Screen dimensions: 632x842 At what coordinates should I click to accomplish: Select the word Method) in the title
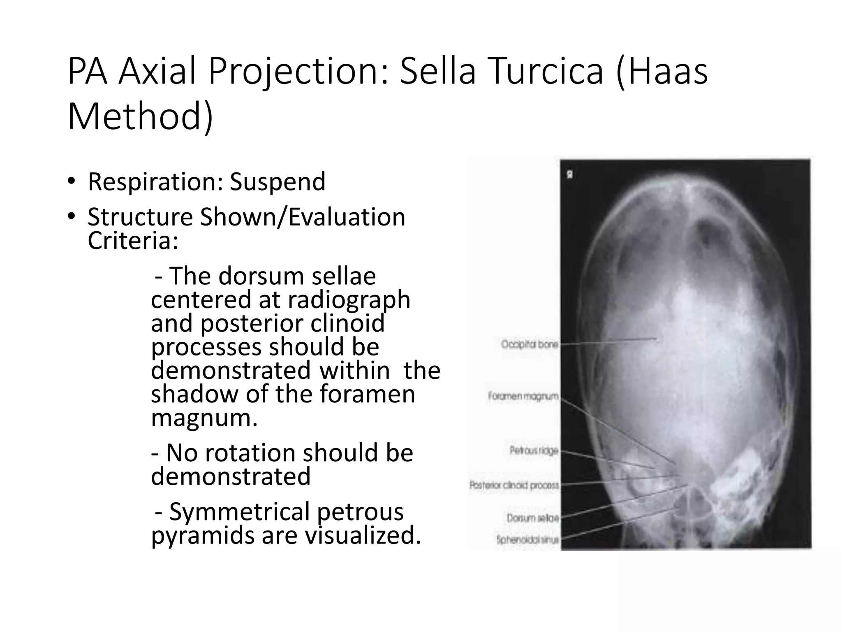140,117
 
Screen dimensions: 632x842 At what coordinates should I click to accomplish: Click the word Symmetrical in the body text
240,512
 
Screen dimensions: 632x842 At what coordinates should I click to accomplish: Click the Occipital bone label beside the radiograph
529,344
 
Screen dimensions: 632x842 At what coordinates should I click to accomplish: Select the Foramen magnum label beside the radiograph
523,396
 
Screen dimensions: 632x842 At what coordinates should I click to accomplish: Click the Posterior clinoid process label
514,485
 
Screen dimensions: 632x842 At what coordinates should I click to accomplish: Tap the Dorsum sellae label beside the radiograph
532,518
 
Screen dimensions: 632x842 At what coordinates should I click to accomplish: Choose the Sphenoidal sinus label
527,539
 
